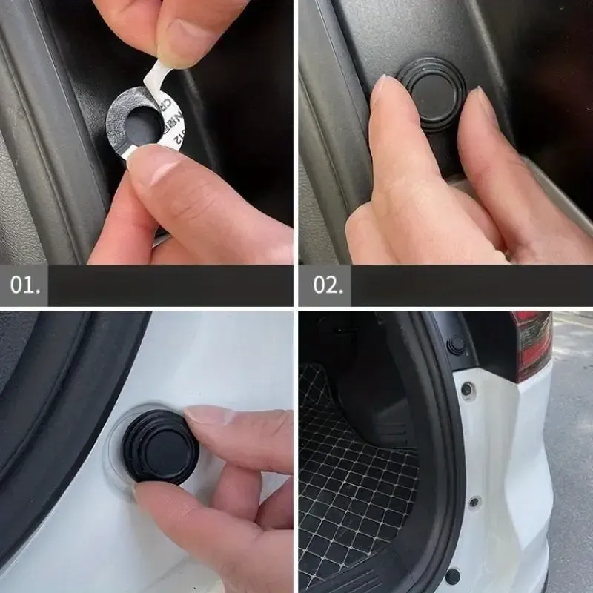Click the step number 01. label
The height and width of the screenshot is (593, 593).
pyautogui.click(x=25, y=285)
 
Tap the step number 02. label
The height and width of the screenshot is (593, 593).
pyautogui.click(x=326, y=285)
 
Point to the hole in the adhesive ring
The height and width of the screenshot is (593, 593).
pyautogui.click(x=140, y=123)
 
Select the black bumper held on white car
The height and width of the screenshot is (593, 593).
pyautogui.click(x=160, y=445)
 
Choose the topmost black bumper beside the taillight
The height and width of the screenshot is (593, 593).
pyautogui.click(x=456, y=344)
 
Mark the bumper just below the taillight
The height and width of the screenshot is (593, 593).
pyautogui.click(x=467, y=389)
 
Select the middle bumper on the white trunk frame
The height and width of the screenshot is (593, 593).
pyautogui.click(x=474, y=502)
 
